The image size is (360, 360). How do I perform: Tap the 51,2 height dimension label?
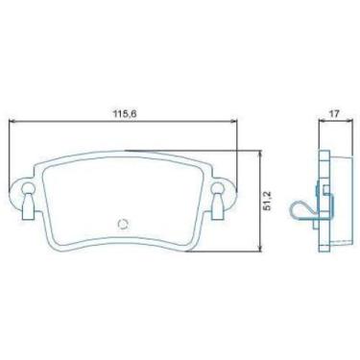[x=268, y=201]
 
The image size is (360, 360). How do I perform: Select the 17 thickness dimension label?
[x=334, y=113]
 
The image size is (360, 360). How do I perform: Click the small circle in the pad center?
[x=123, y=225]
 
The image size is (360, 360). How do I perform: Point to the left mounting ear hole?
[x=27, y=188]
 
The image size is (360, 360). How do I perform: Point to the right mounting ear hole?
[x=217, y=188]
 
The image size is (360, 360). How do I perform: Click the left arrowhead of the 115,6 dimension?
[x=12, y=121]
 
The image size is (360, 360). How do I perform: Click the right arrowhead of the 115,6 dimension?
[x=234, y=121]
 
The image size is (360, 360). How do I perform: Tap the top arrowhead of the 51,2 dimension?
[x=261, y=155]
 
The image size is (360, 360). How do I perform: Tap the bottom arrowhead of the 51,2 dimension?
[x=261, y=248]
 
